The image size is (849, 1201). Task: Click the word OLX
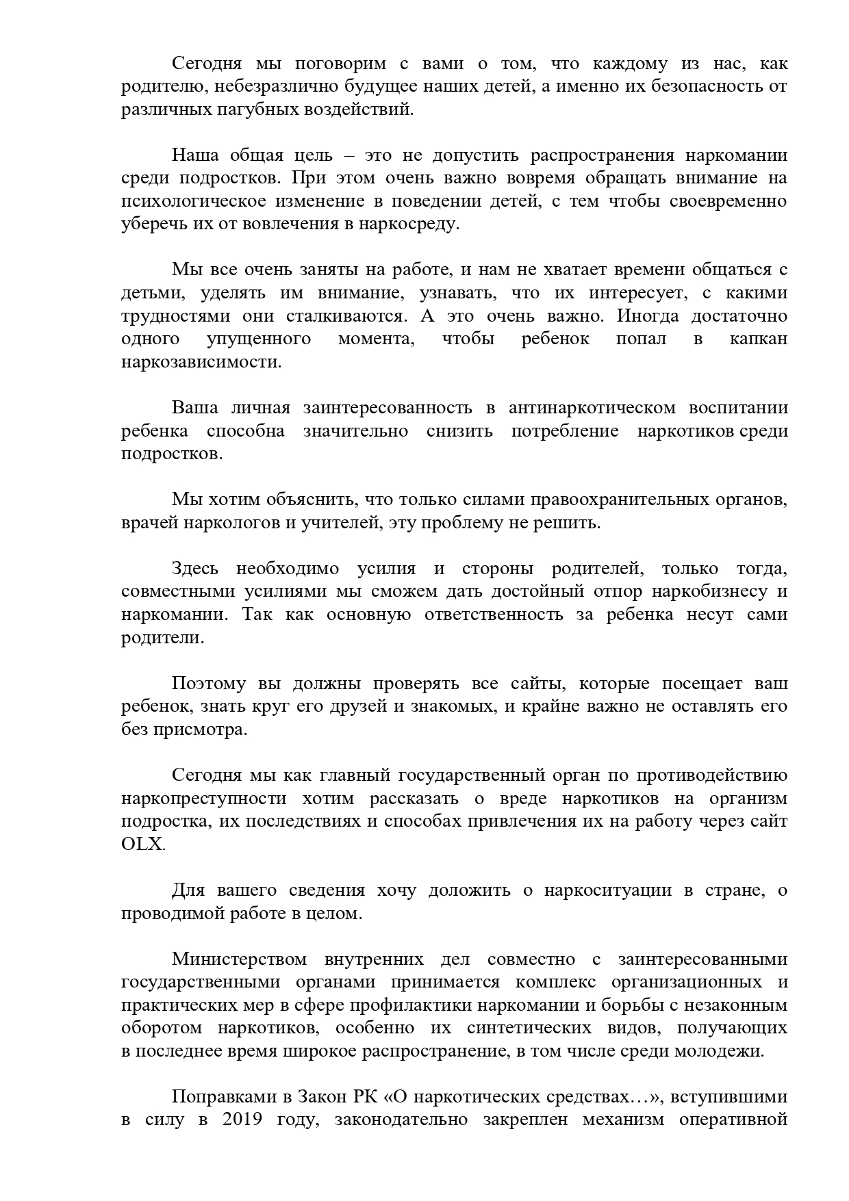click(142, 844)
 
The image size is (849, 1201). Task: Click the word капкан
click(758, 339)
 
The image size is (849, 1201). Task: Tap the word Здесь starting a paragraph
click(195, 569)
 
